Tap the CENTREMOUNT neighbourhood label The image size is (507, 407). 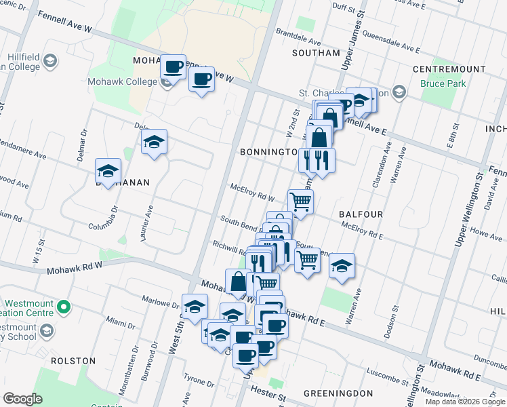pos(449,69)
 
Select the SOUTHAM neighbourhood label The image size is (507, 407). pos(316,53)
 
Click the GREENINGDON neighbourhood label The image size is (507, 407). pos(338,393)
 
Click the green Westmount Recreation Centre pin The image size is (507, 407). pos(64,308)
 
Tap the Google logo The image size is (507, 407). pos(22,399)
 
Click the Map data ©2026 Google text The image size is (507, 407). pos(464,402)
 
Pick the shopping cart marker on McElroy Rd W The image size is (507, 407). pos(300,201)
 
